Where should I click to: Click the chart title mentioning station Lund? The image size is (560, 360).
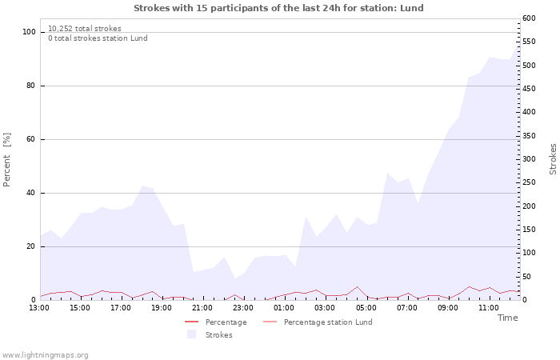[278, 8]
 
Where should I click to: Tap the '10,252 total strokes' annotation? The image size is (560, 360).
[85, 29]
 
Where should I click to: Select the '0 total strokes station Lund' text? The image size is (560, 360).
[98, 38]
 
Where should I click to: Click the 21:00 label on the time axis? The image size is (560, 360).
[202, 308]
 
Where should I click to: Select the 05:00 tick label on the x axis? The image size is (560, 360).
[366, 308]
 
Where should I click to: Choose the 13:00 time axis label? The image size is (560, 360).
[39, 308]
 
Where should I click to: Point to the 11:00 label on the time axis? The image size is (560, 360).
[488, 308]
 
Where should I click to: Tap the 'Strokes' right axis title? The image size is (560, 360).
[553, 159]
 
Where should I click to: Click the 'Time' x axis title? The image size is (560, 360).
[507, 318]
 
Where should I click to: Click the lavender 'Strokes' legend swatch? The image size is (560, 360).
[191, 334]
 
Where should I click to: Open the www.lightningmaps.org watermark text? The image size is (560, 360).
[45, 355]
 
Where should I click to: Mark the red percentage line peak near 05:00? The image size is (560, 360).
[358, 286]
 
